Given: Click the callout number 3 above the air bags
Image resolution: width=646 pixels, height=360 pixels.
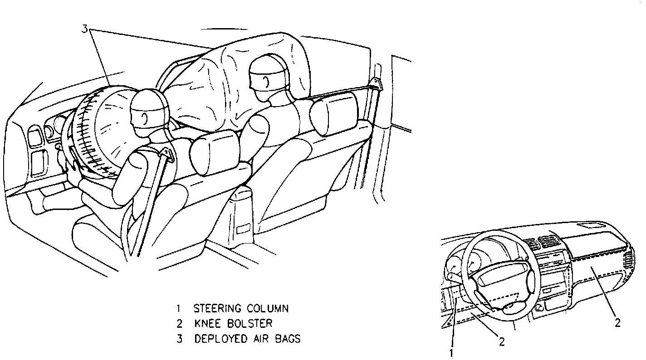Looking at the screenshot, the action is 84,29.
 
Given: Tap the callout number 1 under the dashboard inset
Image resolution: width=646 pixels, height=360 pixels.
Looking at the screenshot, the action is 451,352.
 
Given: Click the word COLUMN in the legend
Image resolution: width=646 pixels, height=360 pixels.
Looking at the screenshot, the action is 268,309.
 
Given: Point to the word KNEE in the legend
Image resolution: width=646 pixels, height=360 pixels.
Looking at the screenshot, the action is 207,324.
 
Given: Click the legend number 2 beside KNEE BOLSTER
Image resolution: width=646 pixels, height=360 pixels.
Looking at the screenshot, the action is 180,324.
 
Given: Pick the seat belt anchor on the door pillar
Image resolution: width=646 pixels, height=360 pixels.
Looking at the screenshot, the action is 375,84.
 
